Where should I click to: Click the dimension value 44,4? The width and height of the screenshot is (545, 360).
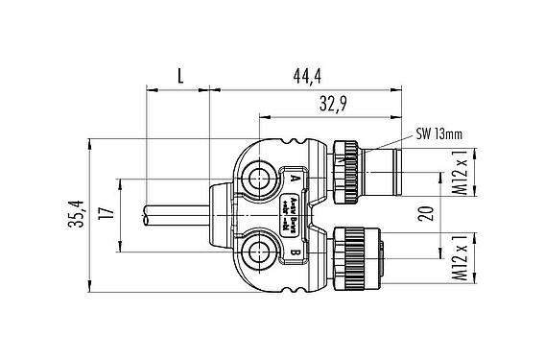point(305,75)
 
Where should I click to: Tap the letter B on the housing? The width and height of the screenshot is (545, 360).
point(294,254)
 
